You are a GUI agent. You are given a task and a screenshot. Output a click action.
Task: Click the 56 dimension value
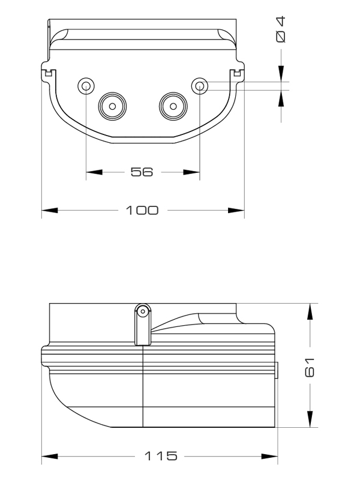142,172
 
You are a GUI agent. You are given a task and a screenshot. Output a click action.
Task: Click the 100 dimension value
142,211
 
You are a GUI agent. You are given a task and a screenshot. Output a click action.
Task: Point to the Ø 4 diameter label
281,29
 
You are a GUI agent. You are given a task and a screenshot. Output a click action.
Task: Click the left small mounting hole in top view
86,86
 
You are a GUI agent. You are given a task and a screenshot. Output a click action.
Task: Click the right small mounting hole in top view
199,86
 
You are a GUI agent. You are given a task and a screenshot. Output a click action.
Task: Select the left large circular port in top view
112,106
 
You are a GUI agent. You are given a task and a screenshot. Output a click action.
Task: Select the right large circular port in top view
173,106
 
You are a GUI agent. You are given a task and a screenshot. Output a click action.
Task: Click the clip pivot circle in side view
143,311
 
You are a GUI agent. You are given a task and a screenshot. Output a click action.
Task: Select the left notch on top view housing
49,74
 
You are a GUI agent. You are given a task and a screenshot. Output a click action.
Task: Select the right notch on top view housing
237,74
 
